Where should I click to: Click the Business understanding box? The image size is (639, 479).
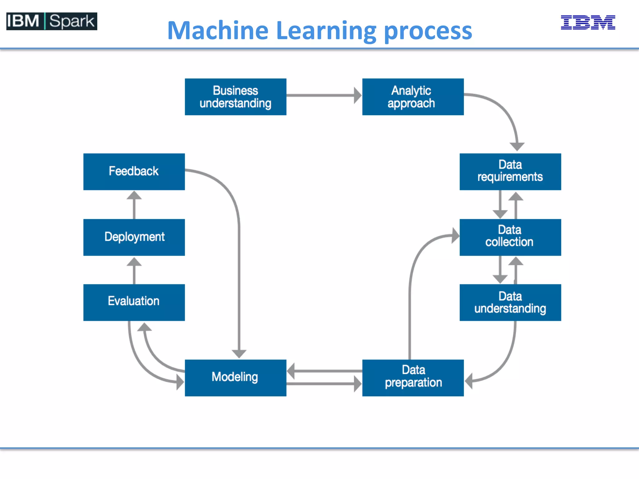[x=235, y=97]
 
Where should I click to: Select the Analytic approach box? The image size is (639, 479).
[x=412, y=97]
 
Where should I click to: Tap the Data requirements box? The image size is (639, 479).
[x=510, y=172]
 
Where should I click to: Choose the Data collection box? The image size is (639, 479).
[x=510, y=237]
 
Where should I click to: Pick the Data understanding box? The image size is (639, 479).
[x=510, y=302]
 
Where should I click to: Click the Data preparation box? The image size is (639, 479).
[x=412, y=378]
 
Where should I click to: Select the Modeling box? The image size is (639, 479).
[x=235, y=378]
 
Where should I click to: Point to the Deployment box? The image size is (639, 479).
[x=134, y=237]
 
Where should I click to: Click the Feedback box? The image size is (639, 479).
[x=134, y=172]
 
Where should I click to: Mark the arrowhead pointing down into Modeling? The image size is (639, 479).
[x=239, y=354]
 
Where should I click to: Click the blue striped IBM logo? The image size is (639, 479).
[x=588, y=22]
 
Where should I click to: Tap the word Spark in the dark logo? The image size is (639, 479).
[x=71, y=21]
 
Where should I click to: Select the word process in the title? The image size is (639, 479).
[x=428, y=31]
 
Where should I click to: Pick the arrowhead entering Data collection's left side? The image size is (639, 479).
[x=455, y=235]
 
